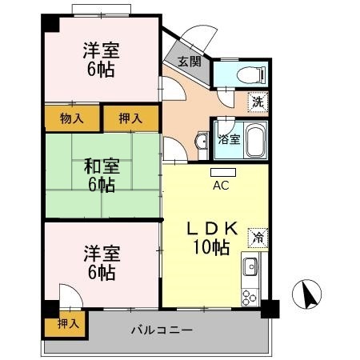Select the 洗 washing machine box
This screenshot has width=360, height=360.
click(257, 102)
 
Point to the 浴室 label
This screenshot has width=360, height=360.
click(229, 139)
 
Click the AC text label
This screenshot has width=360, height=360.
click(222, 186)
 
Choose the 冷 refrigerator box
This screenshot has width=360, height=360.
click(258, 237)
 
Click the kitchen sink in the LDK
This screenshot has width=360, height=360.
click(250, 266)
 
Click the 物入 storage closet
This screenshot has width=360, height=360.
click(71, 118)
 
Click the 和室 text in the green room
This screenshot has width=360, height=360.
click(102, 167)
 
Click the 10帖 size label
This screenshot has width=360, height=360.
click(210, 248)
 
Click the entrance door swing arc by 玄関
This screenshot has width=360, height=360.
click(192, 40)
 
